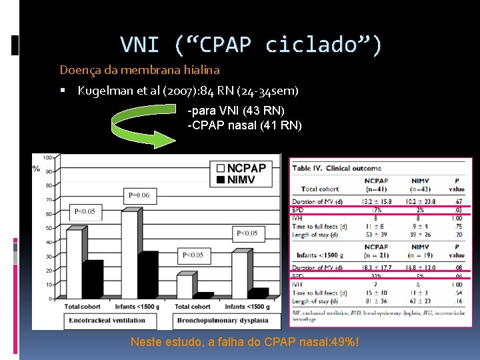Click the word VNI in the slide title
pos(139,45)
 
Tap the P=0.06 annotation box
pos(141,195)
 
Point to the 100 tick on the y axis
pos(48,157)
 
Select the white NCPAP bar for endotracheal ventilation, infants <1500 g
pos(129,257)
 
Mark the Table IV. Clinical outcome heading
pos(337,168)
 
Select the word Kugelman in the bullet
pos(102,91)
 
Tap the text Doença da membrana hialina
pos(139,69)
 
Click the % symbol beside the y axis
pos(36,168)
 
